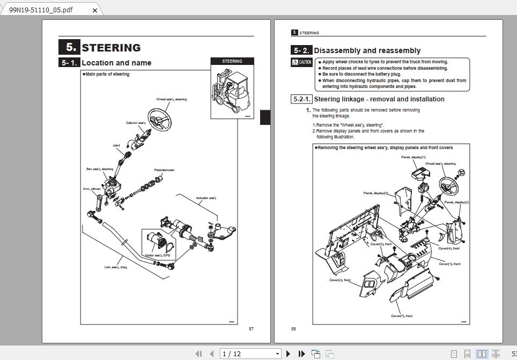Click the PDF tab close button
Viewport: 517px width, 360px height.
tap(95, 10)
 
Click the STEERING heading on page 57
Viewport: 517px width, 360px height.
tap(110, 47)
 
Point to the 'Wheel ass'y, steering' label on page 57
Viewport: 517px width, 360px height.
tap(172, 99)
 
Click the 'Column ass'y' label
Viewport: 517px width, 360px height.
tap(136, 123)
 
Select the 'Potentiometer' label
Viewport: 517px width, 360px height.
tap(164, 170)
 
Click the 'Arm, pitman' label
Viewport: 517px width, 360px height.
tap(92, 189)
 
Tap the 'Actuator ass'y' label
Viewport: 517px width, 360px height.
tap(206, 198)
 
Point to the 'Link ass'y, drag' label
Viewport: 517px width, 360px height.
tap(115, 267)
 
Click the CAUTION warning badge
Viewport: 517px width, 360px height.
tap(301, 62)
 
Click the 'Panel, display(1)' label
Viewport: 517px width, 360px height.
tap(413, 157)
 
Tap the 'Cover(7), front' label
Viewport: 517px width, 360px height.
tap(402, 316)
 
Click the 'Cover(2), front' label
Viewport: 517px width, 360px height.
tap(339, 280)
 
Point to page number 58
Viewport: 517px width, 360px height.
tap(293, 329)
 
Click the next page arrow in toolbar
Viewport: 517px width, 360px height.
tap(288, 354)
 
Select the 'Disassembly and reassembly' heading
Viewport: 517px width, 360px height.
tap(367, 50)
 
